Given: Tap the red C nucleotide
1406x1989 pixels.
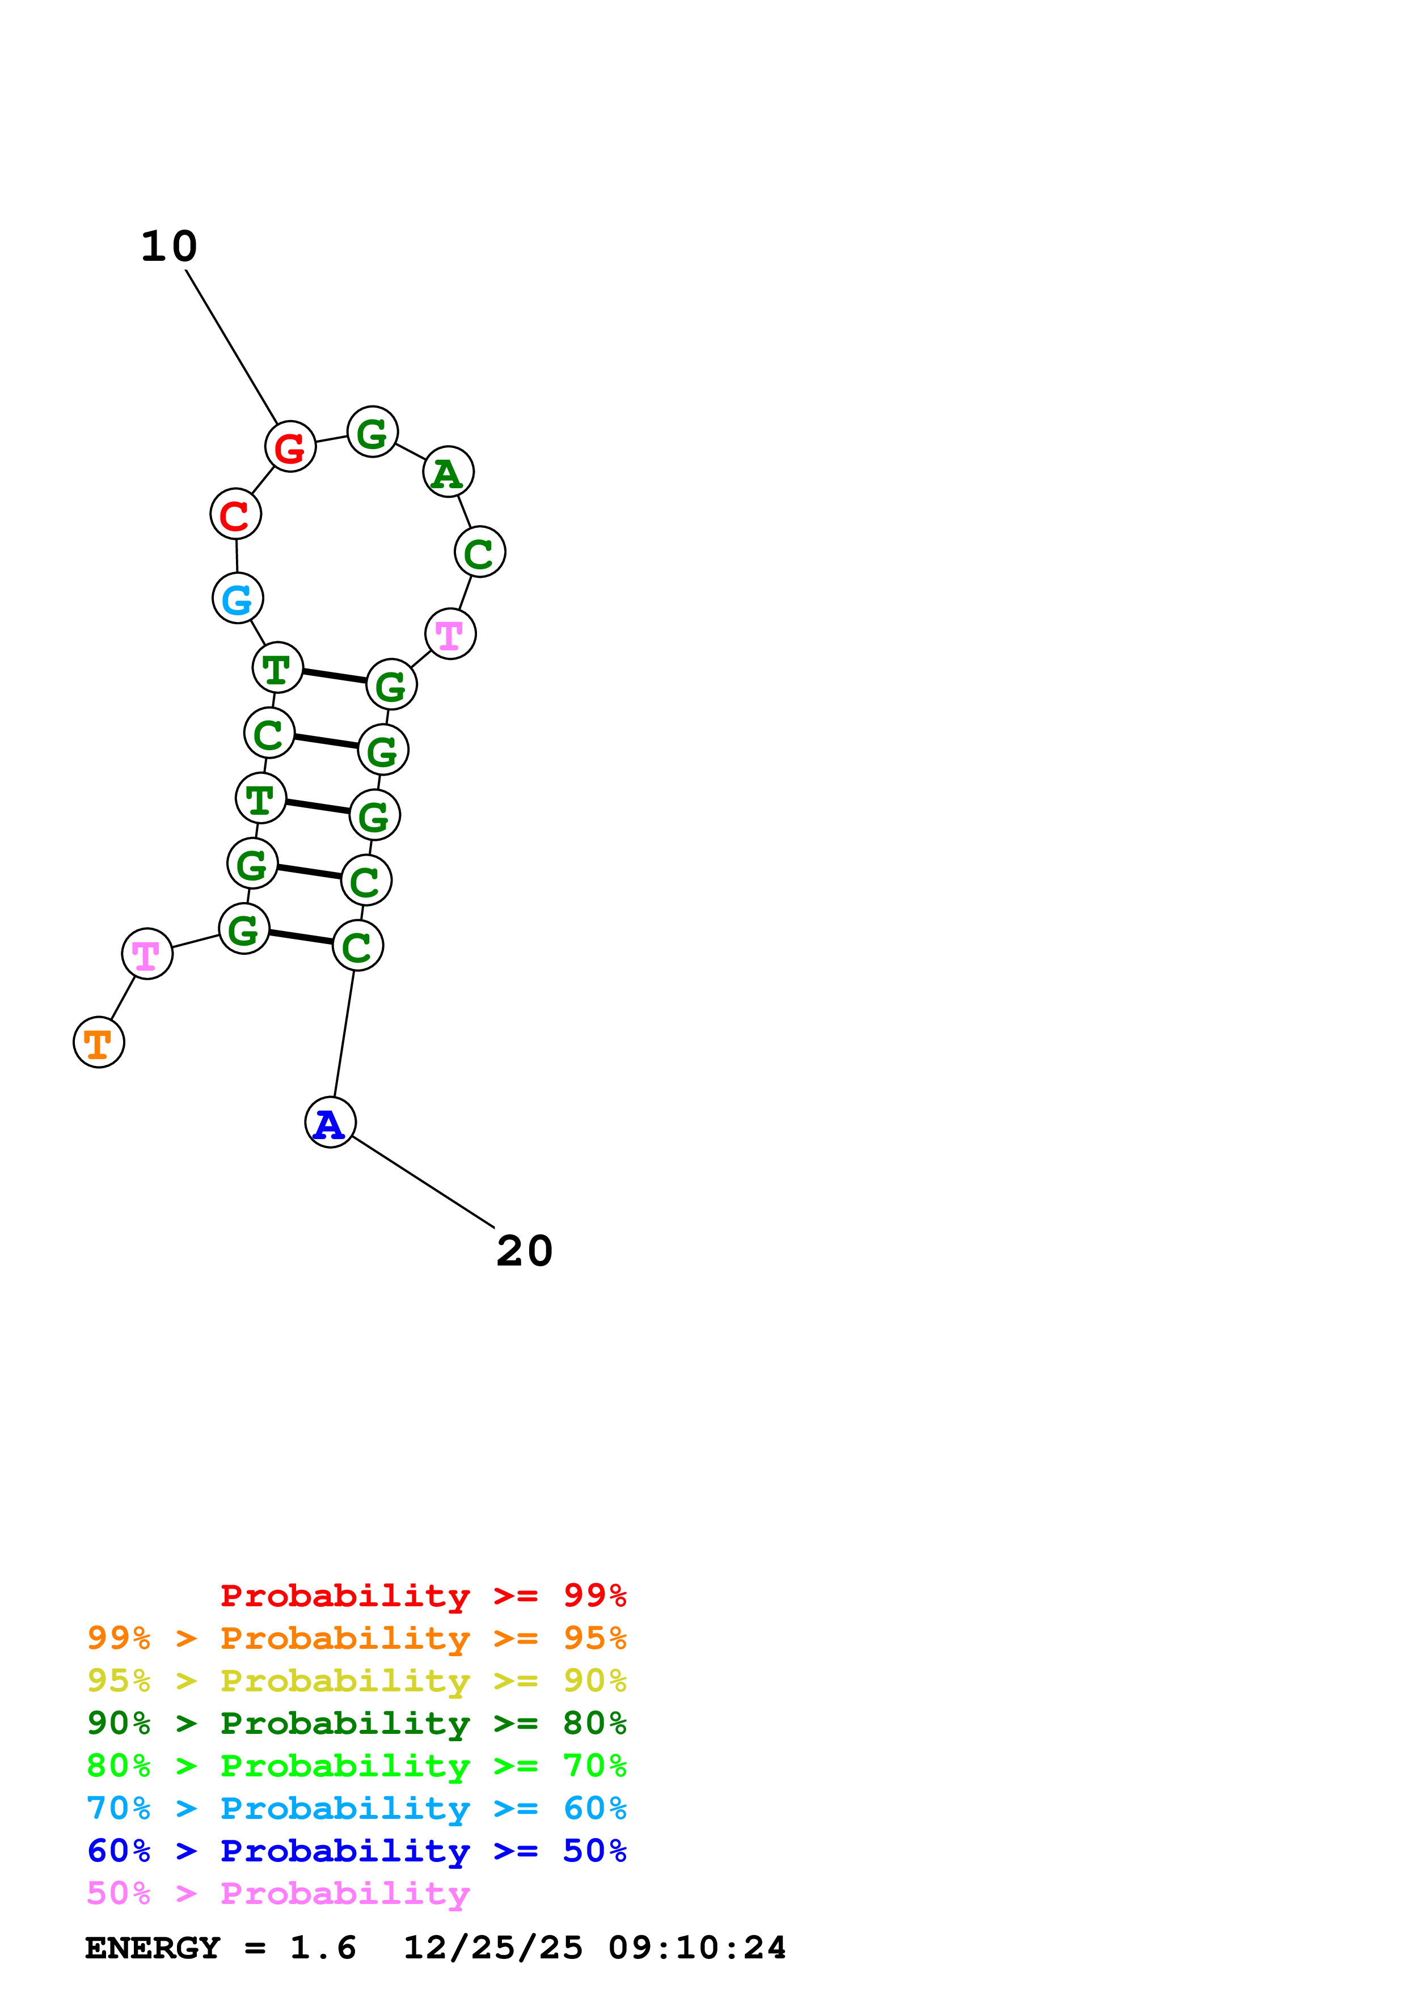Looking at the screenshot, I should (x=235, y=515).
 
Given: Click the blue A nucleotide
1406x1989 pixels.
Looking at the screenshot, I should (x=330, y=1123).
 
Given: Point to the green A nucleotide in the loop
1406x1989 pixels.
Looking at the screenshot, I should (x=448, y=472).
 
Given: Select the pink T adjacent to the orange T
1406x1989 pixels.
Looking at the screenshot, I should (x=147, y=954).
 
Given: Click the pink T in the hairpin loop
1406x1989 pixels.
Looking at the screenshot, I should (x=450, y=634).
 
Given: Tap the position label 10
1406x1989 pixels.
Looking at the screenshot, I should (x=169, y=247).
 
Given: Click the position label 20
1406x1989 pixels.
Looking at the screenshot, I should (x=524, y=1251).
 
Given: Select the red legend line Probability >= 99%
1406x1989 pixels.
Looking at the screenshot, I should (x=423, y=1596).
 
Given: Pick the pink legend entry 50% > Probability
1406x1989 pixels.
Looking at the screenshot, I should (x=277, y=1894).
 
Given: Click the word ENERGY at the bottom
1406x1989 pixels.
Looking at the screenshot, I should (x=153, y=1948).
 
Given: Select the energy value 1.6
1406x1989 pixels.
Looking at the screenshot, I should (x=322, y=1948).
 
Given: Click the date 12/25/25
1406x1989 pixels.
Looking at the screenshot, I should (x=493, y=1948).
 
